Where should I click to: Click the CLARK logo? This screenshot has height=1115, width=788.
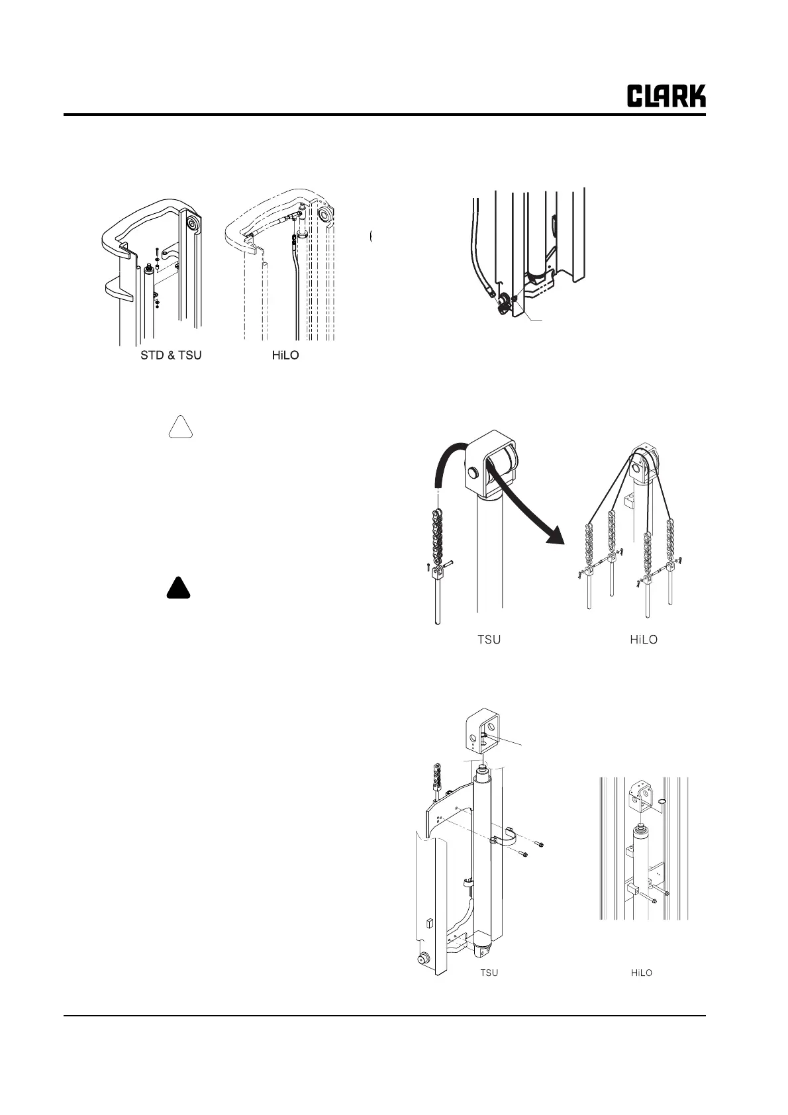666,96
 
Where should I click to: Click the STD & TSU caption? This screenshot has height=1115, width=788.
171,356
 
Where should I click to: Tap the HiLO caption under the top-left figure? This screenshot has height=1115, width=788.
285,356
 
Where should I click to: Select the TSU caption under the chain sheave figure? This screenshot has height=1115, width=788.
489,640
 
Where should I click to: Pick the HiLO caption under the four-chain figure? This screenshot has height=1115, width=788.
643,640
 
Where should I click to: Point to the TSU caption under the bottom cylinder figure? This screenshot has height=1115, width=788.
489,973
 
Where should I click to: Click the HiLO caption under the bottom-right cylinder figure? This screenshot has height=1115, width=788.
641,973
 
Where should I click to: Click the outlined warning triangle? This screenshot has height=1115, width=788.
179,428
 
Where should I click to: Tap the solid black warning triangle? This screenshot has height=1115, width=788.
179,589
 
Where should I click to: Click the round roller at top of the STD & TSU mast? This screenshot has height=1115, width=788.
191,224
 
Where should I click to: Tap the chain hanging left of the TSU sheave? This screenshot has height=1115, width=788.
437,536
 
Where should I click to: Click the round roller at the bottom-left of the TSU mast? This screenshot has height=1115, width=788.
420,959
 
